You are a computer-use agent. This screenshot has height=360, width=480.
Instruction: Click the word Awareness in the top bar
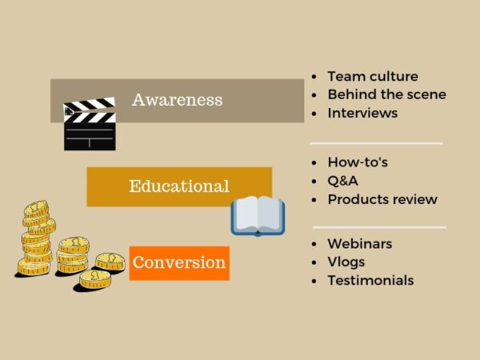177,100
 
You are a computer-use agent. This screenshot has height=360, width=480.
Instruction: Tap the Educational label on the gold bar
178,186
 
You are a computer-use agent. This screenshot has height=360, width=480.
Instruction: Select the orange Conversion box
179,262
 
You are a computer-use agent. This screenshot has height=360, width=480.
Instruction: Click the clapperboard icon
90,125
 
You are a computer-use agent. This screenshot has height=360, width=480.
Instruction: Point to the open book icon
258,215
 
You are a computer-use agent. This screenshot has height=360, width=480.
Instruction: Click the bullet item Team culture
372,77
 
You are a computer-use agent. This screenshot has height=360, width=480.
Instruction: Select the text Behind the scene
386,94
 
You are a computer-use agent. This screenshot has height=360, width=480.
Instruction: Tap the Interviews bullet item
362,113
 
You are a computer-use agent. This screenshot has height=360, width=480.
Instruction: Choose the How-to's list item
358,162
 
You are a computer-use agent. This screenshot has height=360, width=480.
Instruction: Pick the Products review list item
382,199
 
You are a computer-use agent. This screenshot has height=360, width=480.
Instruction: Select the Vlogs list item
346,262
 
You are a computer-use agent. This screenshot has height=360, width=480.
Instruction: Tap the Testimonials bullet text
370,280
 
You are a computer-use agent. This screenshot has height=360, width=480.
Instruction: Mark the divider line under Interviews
376,143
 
